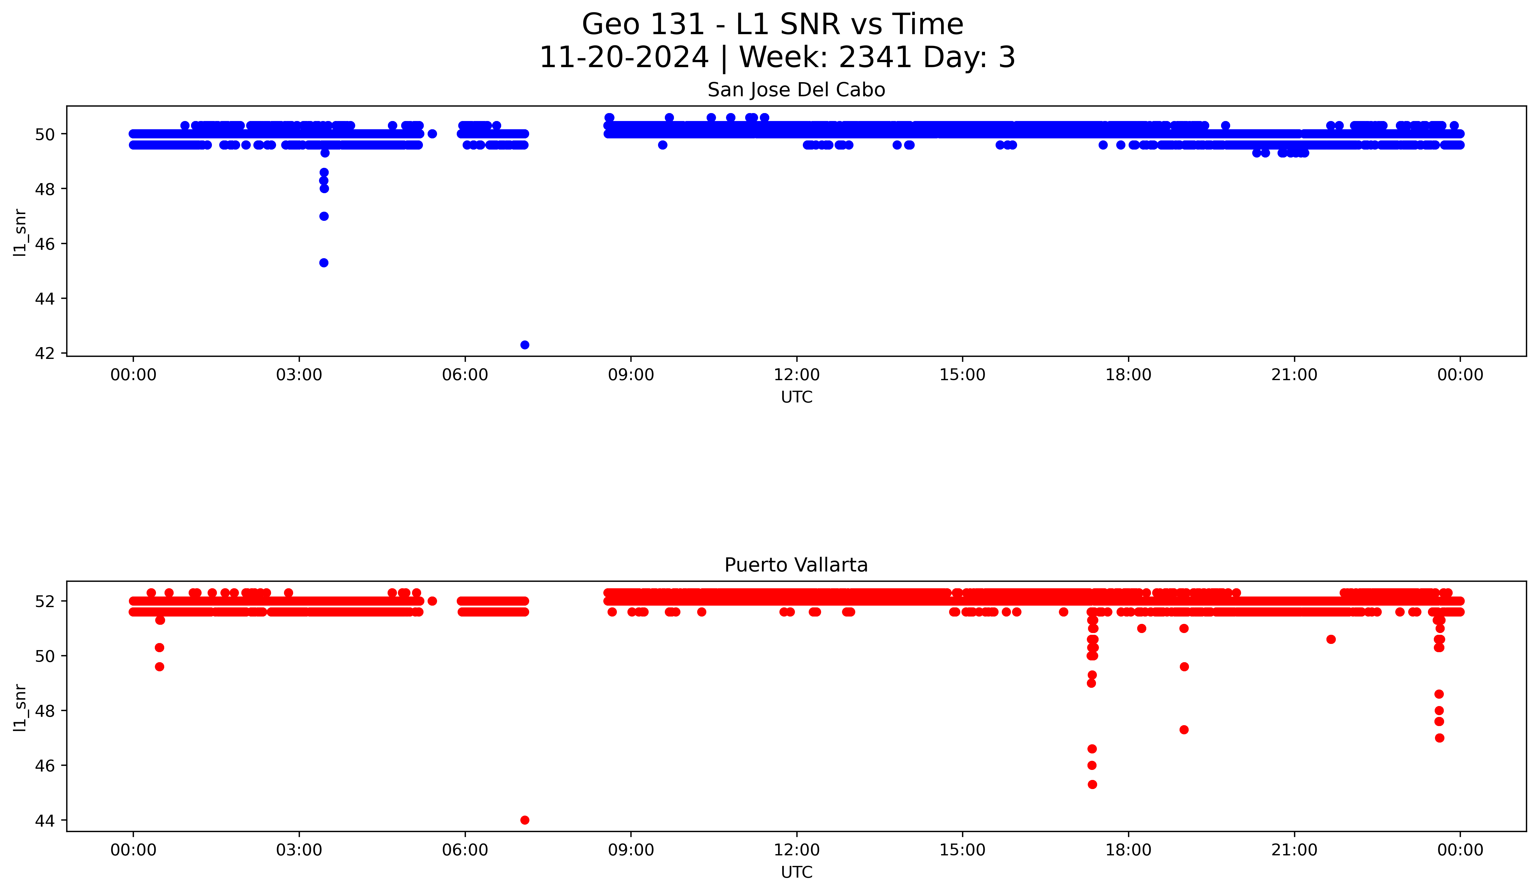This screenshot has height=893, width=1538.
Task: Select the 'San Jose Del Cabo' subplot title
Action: [x=796, y=90]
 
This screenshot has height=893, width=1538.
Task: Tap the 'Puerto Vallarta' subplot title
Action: [x=796, y=565]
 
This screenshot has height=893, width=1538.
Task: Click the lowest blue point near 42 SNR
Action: [x=524, y=345]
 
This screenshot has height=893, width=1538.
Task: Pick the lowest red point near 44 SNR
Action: [x=524, y=820]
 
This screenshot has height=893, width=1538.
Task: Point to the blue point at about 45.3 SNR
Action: [x=323, y=262]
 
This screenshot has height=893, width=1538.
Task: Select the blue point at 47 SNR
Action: [x=323, y=216]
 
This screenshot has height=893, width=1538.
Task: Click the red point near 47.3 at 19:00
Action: [x=1183, y=729]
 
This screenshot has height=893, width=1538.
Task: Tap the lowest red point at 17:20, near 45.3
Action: [x=1092, y=784]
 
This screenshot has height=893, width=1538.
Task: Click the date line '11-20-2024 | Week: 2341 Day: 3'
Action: [x=777, y=57]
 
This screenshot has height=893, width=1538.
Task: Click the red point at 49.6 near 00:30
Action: [x=159, y=667]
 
